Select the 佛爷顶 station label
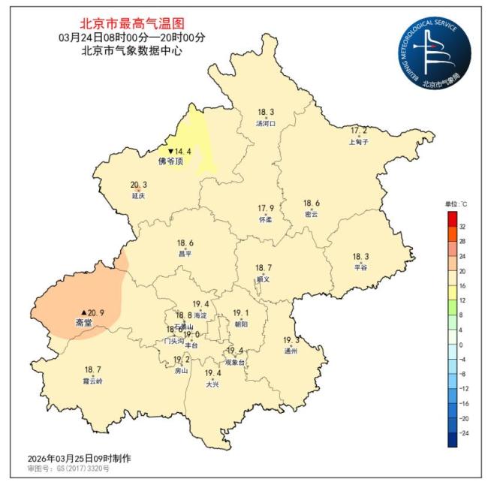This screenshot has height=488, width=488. point(170,161)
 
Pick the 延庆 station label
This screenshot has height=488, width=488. point(138,196)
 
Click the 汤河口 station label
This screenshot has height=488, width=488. point(267,123)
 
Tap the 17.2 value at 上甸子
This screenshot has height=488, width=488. point(360,131)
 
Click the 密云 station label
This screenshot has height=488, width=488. point(311,214)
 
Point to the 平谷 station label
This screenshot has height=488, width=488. point(361,267)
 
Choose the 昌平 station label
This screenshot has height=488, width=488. point(185,254)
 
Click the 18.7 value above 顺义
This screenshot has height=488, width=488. point(263,268)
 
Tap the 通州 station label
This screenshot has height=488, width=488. point(291,351)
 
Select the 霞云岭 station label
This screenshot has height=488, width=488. point(93,381)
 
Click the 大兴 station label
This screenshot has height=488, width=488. point(213,384)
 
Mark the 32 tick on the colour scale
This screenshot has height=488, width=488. point(462,226)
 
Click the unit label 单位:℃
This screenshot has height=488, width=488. point(456,204)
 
